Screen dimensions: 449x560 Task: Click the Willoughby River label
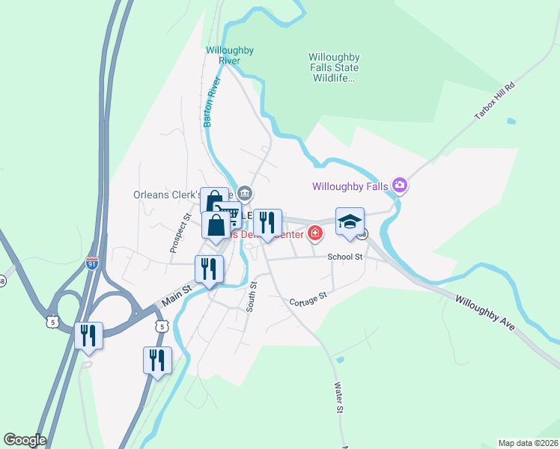(x=230, y=55)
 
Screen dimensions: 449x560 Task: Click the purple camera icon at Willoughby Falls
(x=400, y=185)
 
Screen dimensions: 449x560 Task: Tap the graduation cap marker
(x=350, y=222)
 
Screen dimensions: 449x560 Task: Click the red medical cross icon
(x=315, y=233)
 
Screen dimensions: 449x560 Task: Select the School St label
(x=345, y=257)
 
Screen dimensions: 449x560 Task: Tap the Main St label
(x=173, y=297)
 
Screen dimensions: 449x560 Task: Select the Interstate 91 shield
(x=91, y=263)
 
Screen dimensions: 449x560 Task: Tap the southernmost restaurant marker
(x=157, y=361)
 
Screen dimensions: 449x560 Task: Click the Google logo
(x=25, y=440)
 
